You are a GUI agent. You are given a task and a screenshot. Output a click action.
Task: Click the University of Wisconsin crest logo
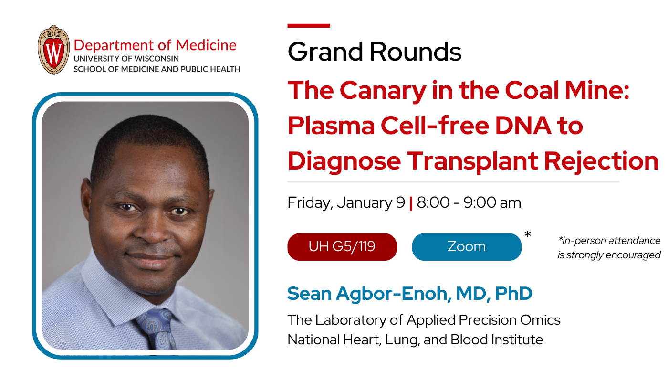54,50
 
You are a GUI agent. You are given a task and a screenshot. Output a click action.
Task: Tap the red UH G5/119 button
342,247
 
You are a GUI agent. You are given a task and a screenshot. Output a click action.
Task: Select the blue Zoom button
466,247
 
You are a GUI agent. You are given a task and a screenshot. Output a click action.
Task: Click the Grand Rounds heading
375,52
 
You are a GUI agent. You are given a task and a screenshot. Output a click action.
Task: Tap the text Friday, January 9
346,203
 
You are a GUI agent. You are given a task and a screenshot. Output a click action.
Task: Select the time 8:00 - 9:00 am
469,203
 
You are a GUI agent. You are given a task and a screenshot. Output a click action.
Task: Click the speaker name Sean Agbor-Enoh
369,294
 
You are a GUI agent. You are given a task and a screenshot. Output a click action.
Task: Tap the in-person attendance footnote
609,248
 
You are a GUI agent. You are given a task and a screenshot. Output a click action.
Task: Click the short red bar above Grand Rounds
308,26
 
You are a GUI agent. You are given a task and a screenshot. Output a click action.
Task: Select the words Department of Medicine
155,45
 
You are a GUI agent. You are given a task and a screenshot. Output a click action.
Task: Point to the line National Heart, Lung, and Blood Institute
415,340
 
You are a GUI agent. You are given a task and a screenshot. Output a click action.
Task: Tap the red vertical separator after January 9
411,203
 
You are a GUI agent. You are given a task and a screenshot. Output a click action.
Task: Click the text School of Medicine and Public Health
157,69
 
